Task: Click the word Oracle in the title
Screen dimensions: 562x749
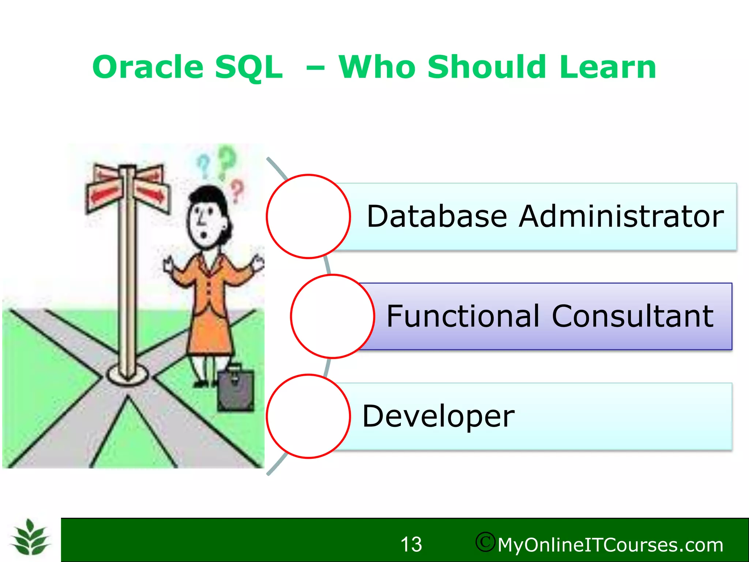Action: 147,67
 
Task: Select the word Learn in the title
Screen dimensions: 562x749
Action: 607,67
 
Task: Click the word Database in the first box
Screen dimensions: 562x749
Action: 437,217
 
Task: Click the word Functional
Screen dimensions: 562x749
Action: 463,316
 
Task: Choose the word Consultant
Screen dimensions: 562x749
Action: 632,316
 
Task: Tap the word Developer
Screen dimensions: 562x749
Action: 438,416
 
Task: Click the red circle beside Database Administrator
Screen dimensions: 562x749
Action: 308,217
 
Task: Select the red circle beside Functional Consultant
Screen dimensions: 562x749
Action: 332,316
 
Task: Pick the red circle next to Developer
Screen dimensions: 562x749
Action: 308,416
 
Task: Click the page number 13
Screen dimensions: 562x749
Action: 411,544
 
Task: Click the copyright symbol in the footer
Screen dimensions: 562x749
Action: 485,542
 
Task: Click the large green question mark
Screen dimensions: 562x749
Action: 227,161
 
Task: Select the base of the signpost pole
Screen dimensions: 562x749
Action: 127,374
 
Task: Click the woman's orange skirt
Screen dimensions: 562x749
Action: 209,335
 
